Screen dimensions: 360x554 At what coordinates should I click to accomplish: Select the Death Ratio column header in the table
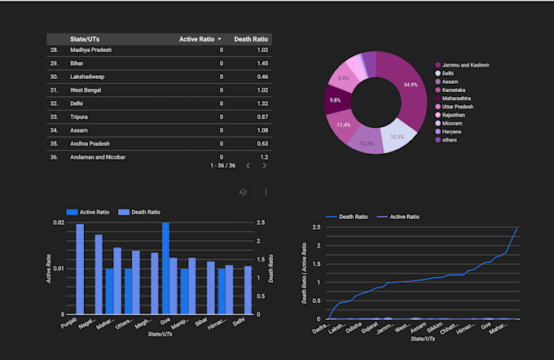tap(253, 39)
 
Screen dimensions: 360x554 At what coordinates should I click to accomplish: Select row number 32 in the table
tap(54, 103)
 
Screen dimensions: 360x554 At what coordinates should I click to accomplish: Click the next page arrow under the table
tap(264, 165)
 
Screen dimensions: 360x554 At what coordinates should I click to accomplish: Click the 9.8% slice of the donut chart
tap(336, 100)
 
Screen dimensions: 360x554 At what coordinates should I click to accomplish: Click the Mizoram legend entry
tap(455, 123)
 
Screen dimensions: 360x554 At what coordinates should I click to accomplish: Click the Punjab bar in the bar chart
tap(80, 269)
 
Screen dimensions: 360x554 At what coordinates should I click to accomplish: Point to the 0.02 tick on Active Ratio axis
tap(58, 222)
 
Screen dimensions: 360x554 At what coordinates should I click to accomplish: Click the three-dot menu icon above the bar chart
tap(266, 192)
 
